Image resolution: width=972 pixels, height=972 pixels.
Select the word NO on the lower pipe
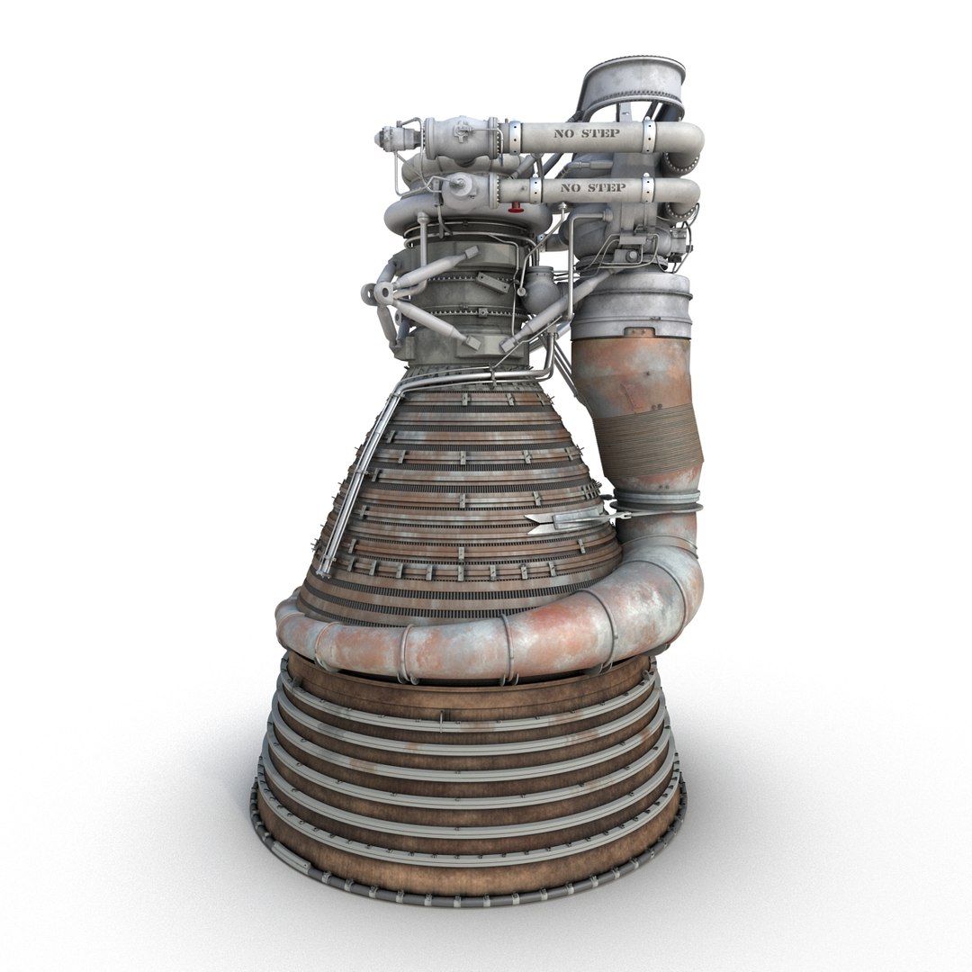click(x=571, y=188)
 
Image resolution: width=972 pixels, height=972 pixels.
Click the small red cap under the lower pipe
click(x=515, y=210)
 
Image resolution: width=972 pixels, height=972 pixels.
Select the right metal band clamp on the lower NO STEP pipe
click(x=647, y=190)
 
